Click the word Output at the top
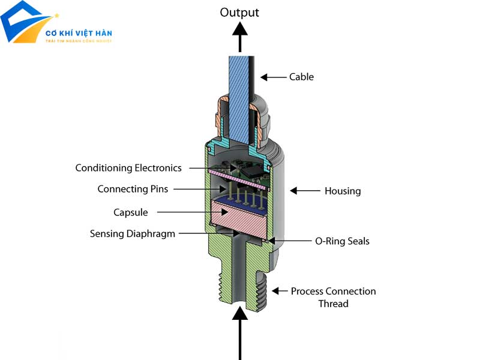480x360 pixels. (x=240, y=12)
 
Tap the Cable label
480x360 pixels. (x=301, y=77)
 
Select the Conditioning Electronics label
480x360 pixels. (x=128, y=168)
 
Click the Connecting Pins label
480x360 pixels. (x=133, y=189)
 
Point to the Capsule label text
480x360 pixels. (x=130, y=212)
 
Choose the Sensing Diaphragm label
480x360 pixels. (x=133, y=234)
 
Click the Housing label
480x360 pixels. (x=343, y=191)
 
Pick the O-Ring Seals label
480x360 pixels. (x=343, y=241)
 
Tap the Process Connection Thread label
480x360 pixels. (x=333, y=298)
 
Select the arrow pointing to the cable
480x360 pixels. (x=273, y=77)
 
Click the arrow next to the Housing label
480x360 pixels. (x=305, y=191)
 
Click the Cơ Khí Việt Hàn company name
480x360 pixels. (x=79, y=33)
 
